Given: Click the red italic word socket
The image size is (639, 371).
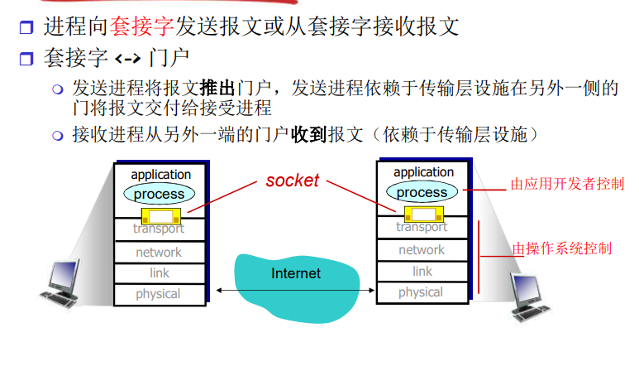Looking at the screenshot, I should tap(292, 181).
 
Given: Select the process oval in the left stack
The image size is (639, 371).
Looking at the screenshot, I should tap(159, 194).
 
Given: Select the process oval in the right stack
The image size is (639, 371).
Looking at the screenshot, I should tap(422, 192).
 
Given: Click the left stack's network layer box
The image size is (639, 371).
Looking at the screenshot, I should tap(159, 252).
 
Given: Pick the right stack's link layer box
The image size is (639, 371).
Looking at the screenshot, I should tap(422, 271).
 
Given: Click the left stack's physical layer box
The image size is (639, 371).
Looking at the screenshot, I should tap(159, 293).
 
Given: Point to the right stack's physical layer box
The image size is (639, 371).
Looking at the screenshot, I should tap(422, 292).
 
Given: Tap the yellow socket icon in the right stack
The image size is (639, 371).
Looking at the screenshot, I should tap(412, 213).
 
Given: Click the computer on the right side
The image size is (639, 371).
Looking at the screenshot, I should tap(530, 294).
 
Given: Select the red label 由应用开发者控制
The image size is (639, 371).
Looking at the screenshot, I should tap(566, 184).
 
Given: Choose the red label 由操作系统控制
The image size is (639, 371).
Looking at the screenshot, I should tap(562, 248).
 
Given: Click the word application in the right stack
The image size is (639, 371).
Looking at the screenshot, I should tap(423, 172).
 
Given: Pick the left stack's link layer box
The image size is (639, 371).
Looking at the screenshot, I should tap(159, 272).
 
